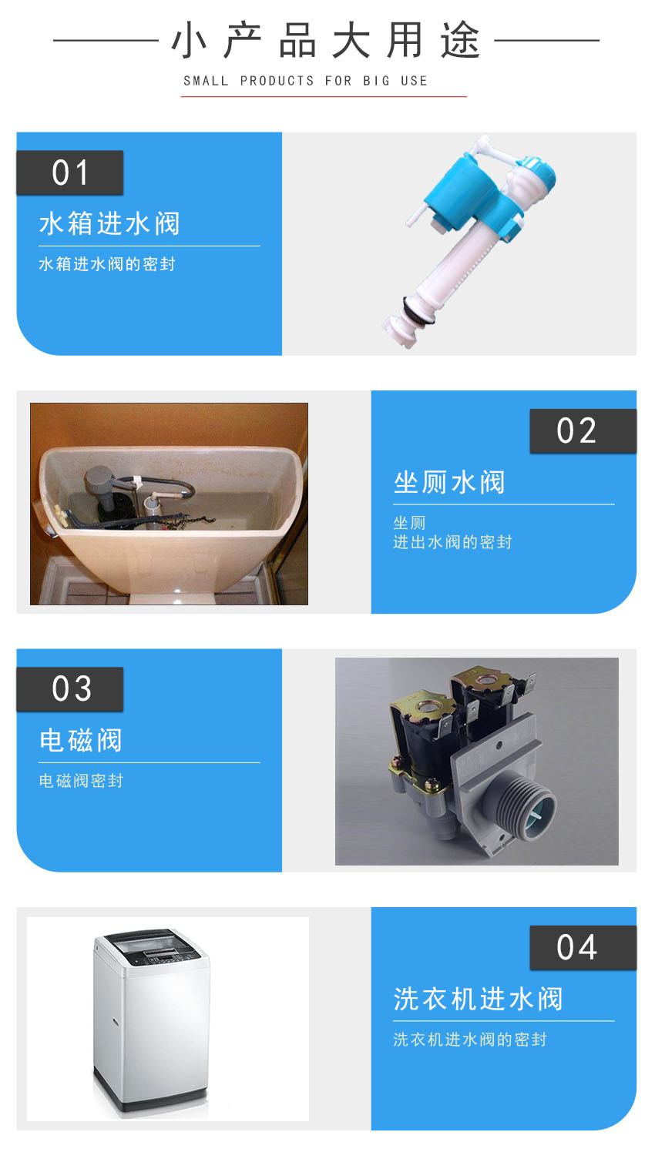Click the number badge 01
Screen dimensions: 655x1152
tap(70, 172)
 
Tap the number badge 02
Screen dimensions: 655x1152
tap(583, 431)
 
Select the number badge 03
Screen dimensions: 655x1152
tap(70, 689)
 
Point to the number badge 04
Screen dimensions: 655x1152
tap(583, 948)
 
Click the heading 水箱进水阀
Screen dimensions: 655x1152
tap(109, 224)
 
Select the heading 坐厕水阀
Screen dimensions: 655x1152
tap(449, 482)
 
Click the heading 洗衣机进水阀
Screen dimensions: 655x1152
tap(478, 999)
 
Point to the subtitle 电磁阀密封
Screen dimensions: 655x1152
tap(81, 781)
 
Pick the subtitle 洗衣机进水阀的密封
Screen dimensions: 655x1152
tap(470, 1040)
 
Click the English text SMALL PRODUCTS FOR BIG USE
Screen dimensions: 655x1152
tap(306, 81)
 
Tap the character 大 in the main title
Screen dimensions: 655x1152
tap(351, 40)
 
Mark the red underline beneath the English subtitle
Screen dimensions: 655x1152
tap(324, 96)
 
